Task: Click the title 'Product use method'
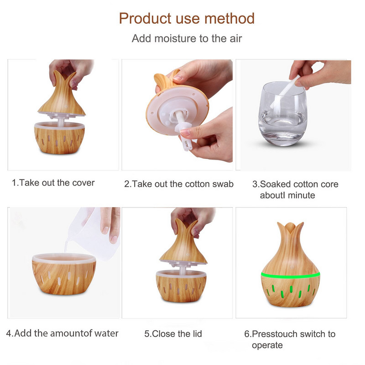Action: click(187, 19)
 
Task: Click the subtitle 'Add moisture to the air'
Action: click(187, 38)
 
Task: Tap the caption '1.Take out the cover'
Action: click(53, 183)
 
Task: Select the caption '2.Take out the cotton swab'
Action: click(179, 184)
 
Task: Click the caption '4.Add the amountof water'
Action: click(62, 333)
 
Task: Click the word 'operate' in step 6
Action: click(267, 345)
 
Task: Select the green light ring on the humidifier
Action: click(290, 275)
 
